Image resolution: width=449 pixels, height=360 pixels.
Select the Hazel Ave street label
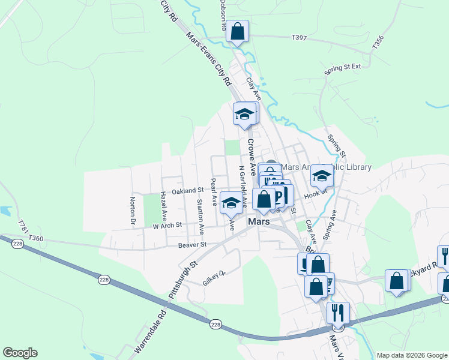pos(163,207)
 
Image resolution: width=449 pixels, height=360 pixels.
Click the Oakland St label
pos(187,190)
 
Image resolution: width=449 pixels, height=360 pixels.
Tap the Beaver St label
pos(192,245)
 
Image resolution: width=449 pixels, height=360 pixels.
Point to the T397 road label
pos(298,37)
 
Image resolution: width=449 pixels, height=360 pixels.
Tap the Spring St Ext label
pos(342,67)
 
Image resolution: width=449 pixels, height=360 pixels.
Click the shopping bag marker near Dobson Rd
pos(237,31)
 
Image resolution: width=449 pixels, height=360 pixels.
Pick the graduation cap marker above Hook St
pos(322,176)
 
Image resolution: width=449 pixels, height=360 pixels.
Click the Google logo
pos(20,353)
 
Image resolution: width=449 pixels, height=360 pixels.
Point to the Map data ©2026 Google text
pos(411,355)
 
